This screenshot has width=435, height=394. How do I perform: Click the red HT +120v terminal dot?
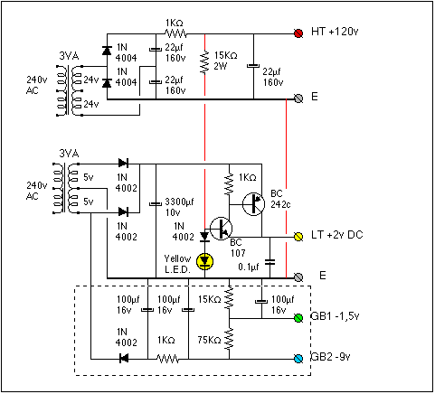pyautogui.click(x=298, y=33)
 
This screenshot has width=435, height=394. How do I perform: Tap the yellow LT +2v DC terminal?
pyautogui.click(x=298, y=237)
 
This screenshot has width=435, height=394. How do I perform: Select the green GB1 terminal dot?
pyautogui.click(x=298, y=318)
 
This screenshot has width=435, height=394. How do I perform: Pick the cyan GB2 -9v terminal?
pyautogui.click(x=298, y=359)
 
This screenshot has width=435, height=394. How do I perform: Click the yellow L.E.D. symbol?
pyautogui.click(x=205, y=261)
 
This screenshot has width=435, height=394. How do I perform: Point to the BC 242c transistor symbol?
pyautogui.click(x=253, y=204)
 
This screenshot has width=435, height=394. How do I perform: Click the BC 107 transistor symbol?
pyautogui.click(x=221, y=229)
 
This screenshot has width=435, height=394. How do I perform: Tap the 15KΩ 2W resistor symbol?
pyautogui.click(x=205, y=62)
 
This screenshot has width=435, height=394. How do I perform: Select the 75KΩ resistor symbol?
pyautogui.click(x=229, y=339)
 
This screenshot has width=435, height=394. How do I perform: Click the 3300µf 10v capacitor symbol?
pyautogui.click(x=156, y=204)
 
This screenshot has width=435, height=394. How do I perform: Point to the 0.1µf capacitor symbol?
pyautogui.click(x=270, y=262)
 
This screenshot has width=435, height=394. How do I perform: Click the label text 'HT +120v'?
pyautogui.click(x=335, y=32)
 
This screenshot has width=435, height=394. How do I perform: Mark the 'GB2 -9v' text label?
pyautogui.click(x=330, y=357)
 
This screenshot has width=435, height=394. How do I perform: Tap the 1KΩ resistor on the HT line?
pyautogui.click(x=176, y=33)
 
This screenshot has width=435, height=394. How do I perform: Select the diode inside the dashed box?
pyautogui.click(x=124, y=359)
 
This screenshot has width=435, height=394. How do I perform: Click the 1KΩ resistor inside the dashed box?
pyautogui.click(x=168, y=359)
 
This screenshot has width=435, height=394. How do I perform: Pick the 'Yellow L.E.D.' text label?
pyautogui.click(x=177, y=264)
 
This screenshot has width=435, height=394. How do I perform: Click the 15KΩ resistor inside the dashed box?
pyautogui.click(x=229, y=297)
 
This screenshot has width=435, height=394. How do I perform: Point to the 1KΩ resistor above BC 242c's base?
pyautogui.click(x=229, y=183)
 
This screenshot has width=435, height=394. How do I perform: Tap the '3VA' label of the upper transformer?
pyautogui.click(x=69, y=56)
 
